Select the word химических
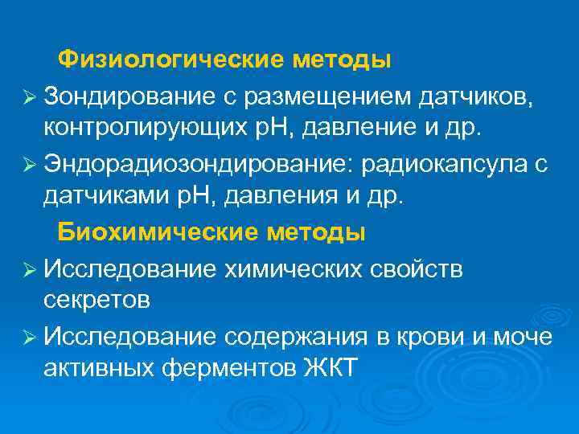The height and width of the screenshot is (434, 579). click(x=298, y=268)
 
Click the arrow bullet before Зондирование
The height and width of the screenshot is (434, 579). click(x=30, y=97)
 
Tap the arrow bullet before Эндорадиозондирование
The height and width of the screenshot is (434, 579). click(x=30, y=166)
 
